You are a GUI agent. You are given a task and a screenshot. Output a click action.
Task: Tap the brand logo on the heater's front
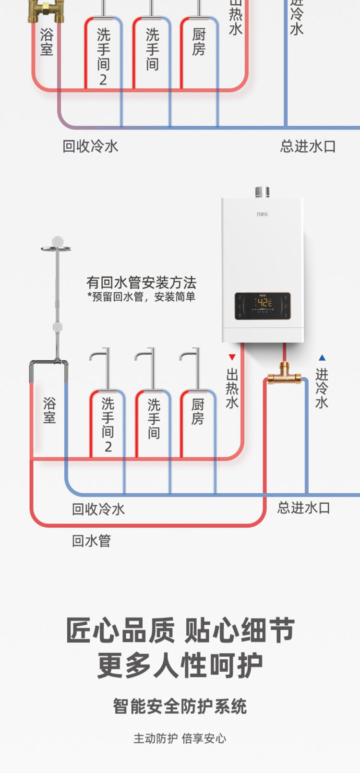262,214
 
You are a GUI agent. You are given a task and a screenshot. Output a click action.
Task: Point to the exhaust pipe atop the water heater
262,192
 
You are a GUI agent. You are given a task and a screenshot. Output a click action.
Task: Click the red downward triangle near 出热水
232,357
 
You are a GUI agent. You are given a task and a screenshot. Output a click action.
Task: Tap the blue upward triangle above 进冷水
322,357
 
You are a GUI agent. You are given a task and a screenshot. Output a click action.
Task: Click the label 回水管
91,541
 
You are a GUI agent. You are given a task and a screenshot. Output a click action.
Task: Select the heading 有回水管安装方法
141,282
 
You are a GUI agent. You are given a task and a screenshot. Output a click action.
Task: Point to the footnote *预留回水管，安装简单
141,297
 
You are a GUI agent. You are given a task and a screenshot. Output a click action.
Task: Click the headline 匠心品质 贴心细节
180,630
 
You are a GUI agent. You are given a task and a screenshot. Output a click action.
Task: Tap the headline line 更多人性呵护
180,666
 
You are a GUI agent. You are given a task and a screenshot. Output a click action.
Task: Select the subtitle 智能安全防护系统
180,706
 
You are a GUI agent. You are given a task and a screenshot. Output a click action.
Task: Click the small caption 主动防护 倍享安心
180,738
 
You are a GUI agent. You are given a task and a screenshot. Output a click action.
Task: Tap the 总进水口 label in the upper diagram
308,146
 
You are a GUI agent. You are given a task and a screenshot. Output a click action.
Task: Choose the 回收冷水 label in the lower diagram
98,509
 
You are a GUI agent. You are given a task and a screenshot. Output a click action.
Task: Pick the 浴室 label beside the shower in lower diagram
49,410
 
